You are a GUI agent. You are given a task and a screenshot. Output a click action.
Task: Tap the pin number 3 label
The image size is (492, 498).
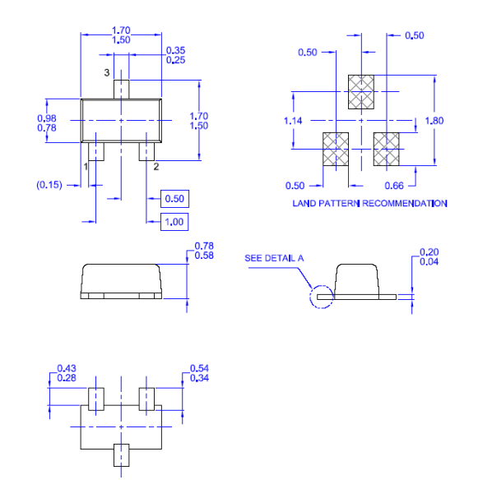107,73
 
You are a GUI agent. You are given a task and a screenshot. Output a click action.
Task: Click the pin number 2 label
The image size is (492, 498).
155,167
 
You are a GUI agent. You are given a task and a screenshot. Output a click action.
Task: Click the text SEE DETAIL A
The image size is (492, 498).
274,258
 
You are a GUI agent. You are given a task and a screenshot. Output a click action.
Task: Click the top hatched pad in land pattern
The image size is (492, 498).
361,92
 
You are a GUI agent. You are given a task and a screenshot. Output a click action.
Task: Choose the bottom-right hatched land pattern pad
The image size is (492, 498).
386,149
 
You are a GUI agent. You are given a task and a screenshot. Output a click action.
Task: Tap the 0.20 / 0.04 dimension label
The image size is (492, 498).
429,256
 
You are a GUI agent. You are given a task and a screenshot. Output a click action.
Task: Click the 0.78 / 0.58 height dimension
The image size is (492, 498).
204,251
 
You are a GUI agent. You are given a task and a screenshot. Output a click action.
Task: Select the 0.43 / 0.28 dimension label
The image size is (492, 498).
67,372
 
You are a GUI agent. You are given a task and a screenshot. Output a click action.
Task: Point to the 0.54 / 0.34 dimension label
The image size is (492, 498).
200,372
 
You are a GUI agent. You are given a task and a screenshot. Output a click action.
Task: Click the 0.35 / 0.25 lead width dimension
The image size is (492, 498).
175,55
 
